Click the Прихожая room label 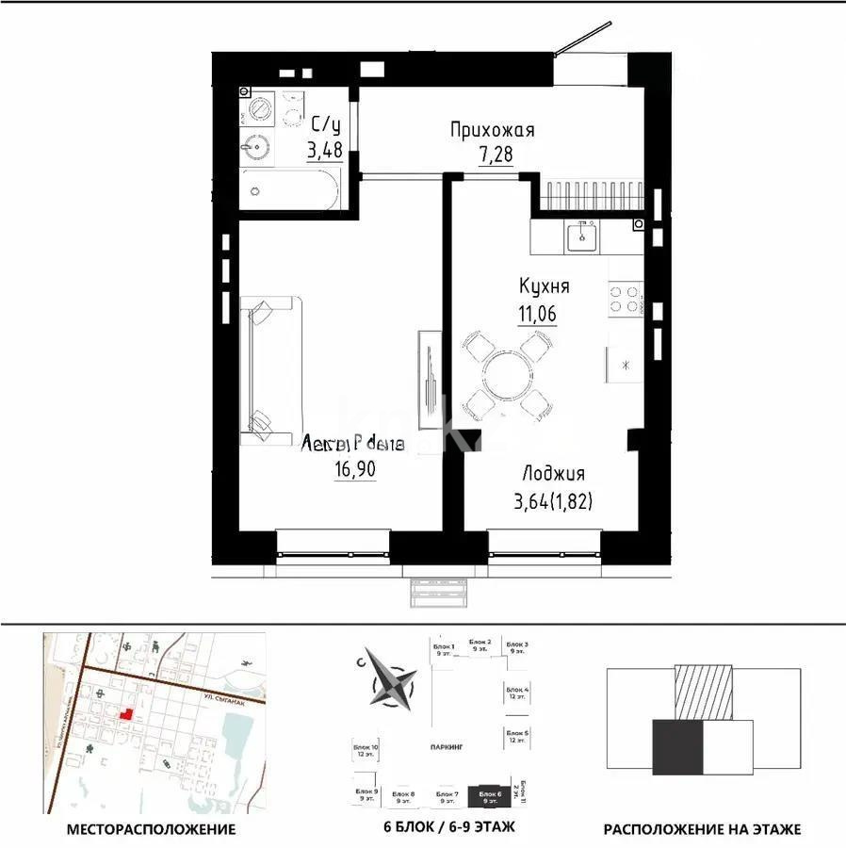point(492,131)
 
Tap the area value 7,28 point(496,154)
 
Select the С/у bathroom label point(326,123)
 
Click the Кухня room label point(544,286)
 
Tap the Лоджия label point(554,474)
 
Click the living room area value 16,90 point(353,468)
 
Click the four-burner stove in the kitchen point(623,299)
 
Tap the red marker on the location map point(124,715)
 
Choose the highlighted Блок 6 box point(490,797)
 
